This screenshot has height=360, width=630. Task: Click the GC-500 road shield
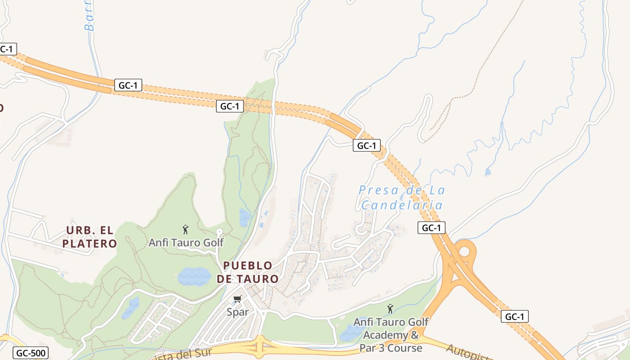click(30, 353)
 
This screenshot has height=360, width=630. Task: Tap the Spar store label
click(238, 312)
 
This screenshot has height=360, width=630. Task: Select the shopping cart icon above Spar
click(238, 299)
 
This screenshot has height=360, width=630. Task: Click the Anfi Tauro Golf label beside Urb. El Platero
click(186, 243)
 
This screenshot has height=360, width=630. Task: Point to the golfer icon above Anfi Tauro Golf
click(185, 229)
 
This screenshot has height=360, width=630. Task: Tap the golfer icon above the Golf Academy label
click(390, 309)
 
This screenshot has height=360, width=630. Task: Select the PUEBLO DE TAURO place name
click(247, 272)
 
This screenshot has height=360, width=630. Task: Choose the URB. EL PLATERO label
click(90, 237)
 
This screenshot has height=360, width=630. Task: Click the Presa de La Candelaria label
click(402, 198)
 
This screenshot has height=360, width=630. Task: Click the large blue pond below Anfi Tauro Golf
click(194, 276)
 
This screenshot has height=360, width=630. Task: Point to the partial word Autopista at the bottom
click(468, 352)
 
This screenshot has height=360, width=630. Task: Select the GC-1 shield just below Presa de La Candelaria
click(431, 228)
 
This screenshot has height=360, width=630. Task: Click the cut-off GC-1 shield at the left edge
click(8, 49)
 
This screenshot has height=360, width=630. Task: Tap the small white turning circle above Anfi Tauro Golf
click(219, 232)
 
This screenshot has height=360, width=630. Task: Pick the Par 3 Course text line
click(391, 348)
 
